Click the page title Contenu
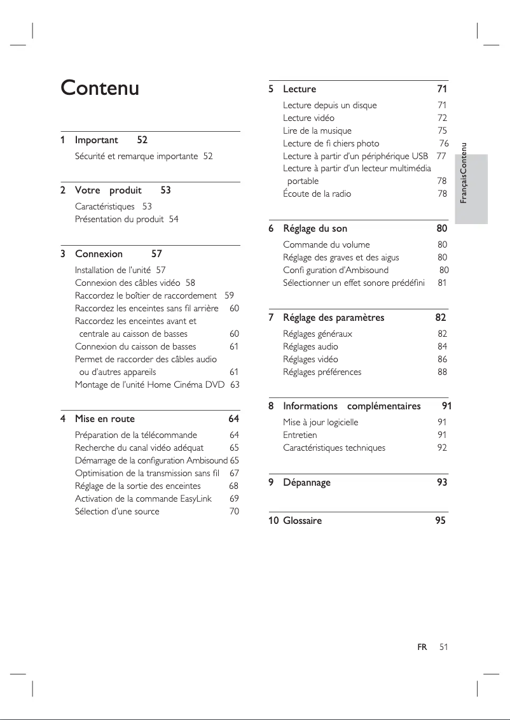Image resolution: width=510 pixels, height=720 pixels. tap(99, 88)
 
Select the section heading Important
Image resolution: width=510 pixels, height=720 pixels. tap(97, 139)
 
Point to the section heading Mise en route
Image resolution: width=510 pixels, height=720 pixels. tap(105, 419)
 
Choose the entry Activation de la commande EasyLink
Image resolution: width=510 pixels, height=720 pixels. tap(143, 498)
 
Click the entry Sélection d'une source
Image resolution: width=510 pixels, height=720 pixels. tap(117, 511)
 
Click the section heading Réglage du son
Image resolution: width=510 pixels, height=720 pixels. tap(315, 228)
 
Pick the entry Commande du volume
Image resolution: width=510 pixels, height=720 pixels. tap(326, 244)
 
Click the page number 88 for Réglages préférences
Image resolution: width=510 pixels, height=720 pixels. tap(442, 372)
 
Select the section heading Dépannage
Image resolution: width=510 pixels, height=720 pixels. tap(307, 483)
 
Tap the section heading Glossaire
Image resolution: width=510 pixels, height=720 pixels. tap(302, 521)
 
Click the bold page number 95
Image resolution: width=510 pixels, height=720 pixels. tap(440, 521)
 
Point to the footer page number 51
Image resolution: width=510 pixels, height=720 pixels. tap(443, 647)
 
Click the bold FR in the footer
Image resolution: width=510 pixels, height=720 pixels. tap(422, 647)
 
